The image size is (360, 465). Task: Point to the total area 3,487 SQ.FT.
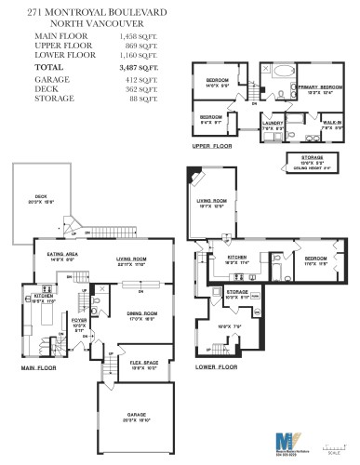coord(139,68)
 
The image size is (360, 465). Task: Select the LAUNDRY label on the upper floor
coord(273,121)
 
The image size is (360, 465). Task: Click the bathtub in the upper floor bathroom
coord(279,71)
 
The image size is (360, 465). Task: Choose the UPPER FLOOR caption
coord(212,146)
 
